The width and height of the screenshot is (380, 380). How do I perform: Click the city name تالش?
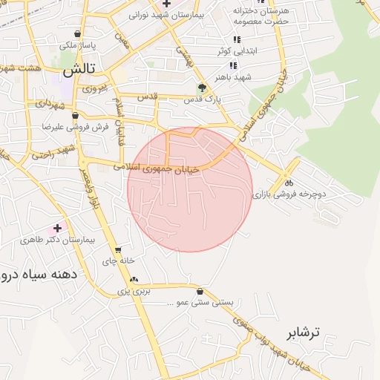[79, 71]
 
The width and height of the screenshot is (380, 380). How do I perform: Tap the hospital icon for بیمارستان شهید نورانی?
[166, 4]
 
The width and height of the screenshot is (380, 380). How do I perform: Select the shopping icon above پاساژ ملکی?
[77, 33]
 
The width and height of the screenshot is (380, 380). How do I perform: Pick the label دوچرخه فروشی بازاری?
[289, 194]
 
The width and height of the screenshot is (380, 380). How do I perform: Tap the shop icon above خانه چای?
[118, 250]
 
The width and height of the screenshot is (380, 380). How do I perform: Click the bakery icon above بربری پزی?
[134, 280]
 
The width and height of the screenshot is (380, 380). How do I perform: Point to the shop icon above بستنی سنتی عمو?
[201, 292]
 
